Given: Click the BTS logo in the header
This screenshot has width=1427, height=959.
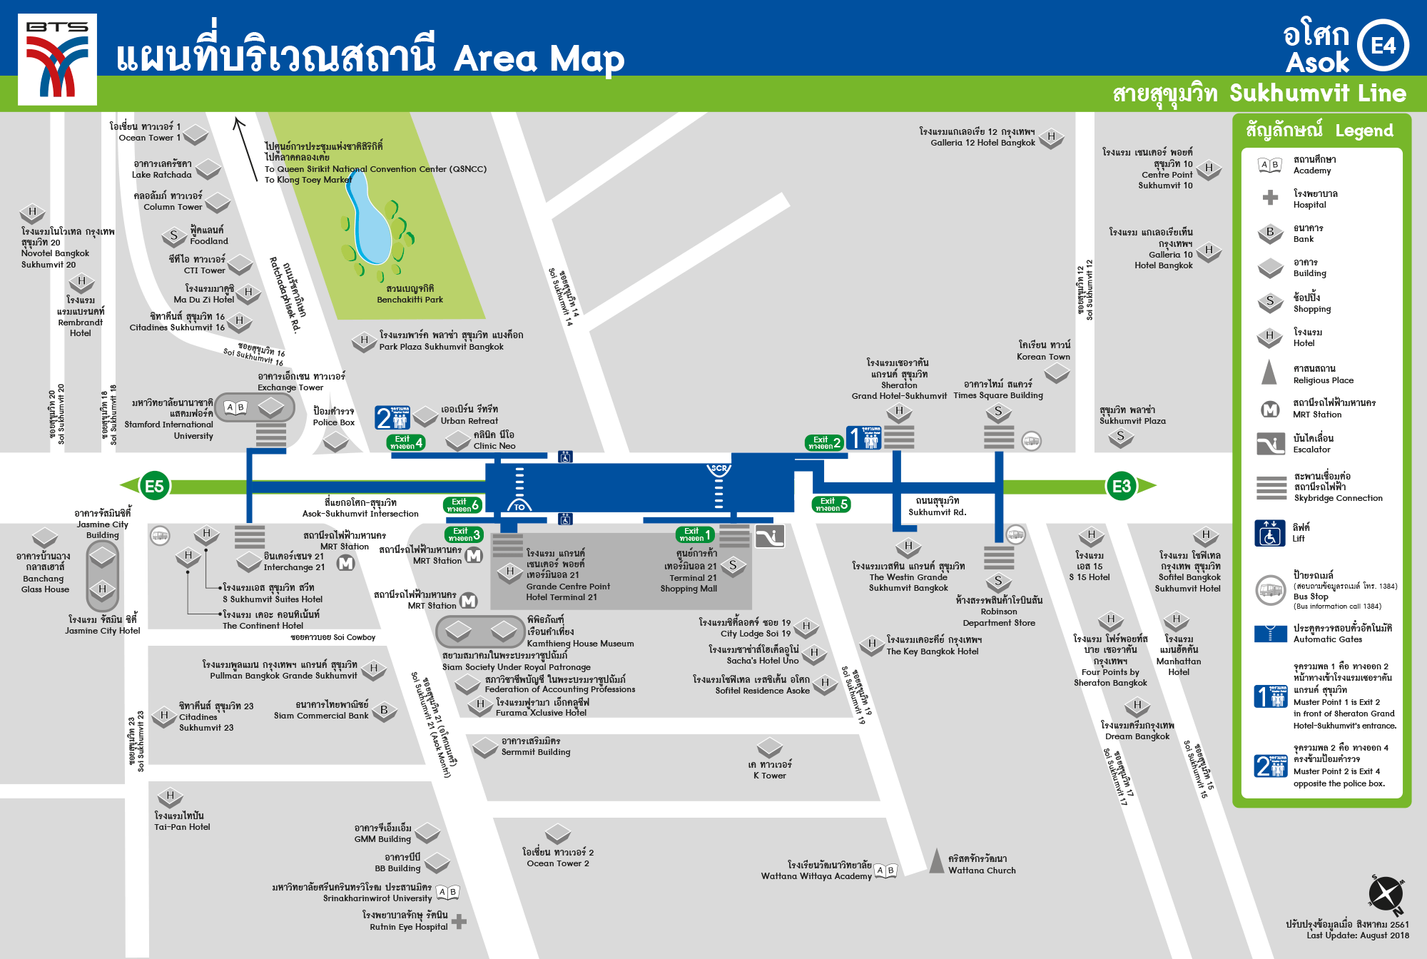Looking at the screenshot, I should tap(57, 59).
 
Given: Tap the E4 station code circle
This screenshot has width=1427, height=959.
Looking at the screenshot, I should tap(1383, 46).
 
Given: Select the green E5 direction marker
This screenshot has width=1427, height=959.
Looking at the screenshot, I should tap(153, 487).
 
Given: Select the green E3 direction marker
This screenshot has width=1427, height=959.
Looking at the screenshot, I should tap(1121, 487).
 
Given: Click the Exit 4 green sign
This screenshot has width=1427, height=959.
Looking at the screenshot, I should tap(406, 442).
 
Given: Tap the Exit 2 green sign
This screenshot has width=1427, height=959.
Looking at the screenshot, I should tap(824, 443).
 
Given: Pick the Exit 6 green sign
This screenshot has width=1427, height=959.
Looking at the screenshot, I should tap(462, 505).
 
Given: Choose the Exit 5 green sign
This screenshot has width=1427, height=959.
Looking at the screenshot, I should tap(831, 504).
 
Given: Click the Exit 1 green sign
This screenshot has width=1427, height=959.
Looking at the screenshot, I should tap(695, 534).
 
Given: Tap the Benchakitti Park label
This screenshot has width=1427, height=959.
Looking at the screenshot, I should tap(410, 295).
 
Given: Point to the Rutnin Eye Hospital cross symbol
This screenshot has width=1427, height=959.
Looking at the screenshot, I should tap(459, 921).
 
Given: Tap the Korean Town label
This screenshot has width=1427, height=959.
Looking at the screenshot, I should tap(1043, 351).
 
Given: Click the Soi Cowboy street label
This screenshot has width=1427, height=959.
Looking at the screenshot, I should tap(332, 637).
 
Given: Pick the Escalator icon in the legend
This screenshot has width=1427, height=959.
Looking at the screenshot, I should tap(1271, 444).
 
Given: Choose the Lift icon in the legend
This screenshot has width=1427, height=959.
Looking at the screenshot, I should tap(1270, 533).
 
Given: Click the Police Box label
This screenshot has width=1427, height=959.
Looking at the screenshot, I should tap(333, 417).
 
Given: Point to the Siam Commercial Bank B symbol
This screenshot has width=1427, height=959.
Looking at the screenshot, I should tap(384, 711).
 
